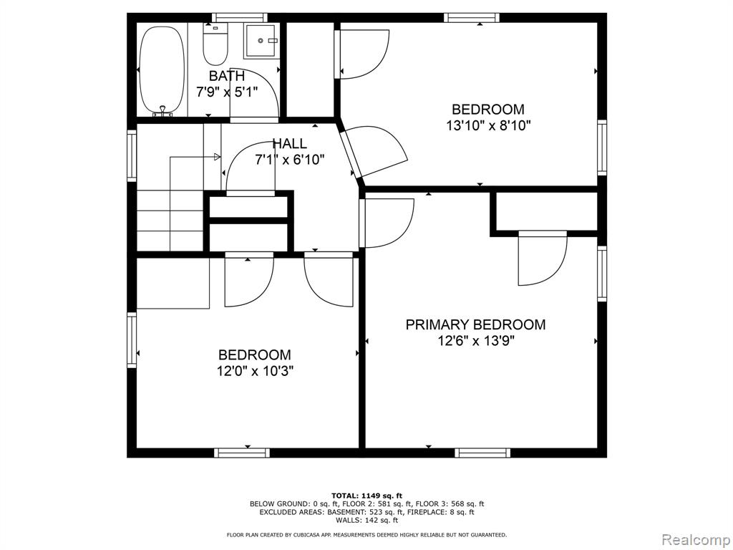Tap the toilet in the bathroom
click(x=215, y=44)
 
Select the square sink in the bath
click(x=261, y=41)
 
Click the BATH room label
click(x=226, y=76)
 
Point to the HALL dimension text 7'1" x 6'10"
click(x=290, y=160)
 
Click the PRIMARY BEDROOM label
click(x=475, y=324)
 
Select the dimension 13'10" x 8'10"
click(x=488, y=126)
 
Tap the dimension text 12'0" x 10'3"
click(x=255, y=372)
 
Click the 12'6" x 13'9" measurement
click(x=476, y=341)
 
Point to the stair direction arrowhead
click(x=217, y=157)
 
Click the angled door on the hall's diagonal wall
click(x=374, y=151)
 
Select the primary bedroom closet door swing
click(x=543, y=258)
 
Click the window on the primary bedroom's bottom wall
click(x=482, y=453)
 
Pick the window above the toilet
click(x=240, y=18)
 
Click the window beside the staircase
click(x=132, y=155)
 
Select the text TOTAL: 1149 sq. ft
click(x=366, y=496)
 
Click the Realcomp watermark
click(x=695, y=539)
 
